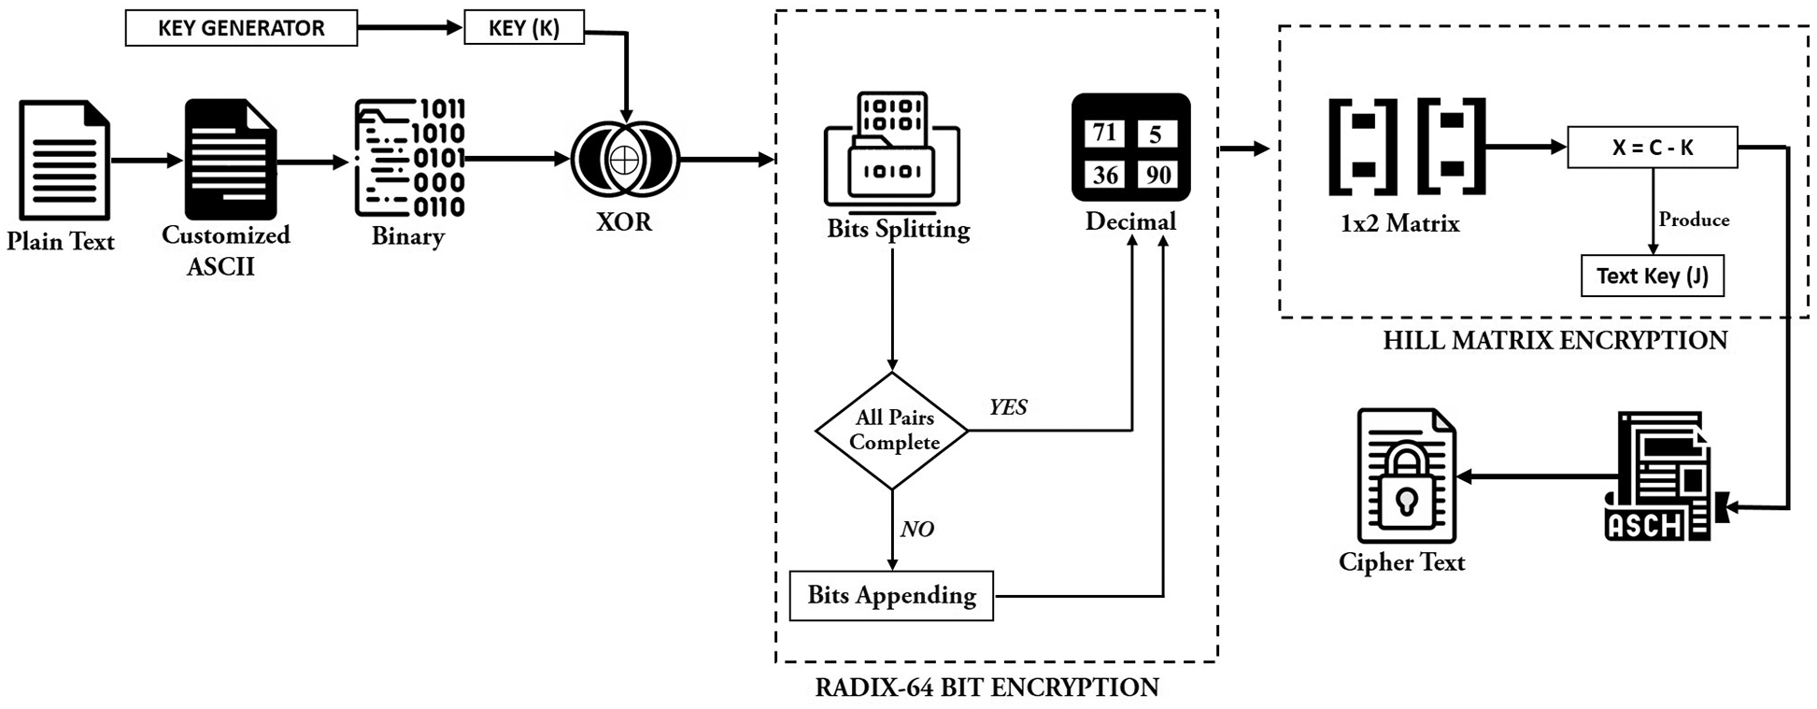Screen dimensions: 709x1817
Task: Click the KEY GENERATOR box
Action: [241, 28]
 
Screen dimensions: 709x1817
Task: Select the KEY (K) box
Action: [524, 28]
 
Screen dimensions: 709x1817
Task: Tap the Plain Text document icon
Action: [64, 160]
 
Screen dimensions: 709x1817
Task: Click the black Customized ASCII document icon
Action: [230, 159]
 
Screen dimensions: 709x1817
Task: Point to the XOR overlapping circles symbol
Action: [625, 160]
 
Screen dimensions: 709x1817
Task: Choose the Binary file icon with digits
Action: [409, 158]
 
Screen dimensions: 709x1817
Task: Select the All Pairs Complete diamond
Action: [892, 431]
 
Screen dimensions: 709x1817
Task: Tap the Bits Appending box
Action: [891, 595]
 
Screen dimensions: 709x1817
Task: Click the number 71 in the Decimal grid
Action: [1105, 133]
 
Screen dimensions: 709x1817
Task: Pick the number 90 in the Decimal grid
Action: [1158, 175]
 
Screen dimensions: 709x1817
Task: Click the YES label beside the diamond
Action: [1008, 407]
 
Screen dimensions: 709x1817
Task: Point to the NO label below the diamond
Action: [916, 530]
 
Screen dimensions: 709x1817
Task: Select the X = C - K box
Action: [1652, 148]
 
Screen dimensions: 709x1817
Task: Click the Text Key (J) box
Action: [1652, 276]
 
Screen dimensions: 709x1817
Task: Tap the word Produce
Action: [1694, 220]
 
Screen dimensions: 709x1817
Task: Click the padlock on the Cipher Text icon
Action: [1406, 485]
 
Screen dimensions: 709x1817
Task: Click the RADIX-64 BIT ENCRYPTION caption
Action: [987, 688]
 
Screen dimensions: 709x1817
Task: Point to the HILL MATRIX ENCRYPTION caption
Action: [1554, 340]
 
